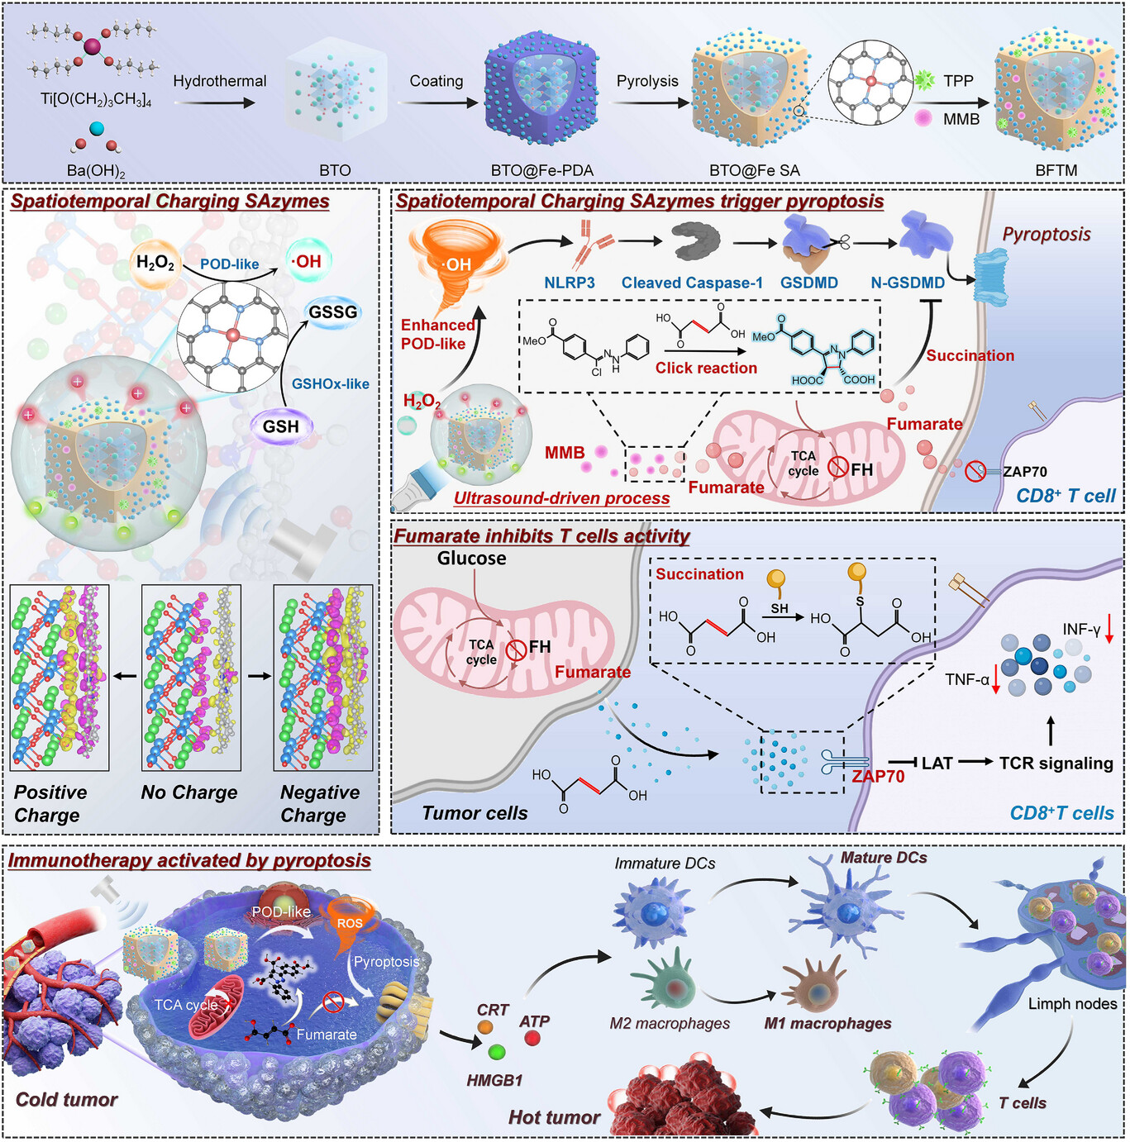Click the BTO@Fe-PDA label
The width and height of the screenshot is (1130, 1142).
tap(542, 171)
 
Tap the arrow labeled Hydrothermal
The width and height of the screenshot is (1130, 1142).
tap(215, 102)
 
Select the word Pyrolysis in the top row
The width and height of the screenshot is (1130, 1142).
tap(647, 81)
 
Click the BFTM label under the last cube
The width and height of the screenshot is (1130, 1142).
tap(1056, 171)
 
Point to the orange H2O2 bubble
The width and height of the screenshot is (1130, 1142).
tap(155, 262)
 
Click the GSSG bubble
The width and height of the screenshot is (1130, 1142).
tap(333, 312)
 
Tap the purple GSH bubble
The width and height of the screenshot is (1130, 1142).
tap(280, 426)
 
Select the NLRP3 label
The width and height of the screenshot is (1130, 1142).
tap(570, 283)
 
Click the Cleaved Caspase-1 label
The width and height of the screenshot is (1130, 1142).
tap(692, 283)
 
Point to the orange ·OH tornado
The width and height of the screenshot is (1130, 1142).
tap(456, 267)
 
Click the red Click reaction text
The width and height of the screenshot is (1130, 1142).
tap(706, 368)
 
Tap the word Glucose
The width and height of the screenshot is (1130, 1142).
tap(471, 558)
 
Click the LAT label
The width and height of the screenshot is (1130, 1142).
tap(937, 763)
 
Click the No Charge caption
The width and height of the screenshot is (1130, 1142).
tap(189, 792)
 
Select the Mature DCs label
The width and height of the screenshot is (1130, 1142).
tap(884, 858)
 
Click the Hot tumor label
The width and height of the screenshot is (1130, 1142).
tap(555, 1117)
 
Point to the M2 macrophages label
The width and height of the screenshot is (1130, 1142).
tap(670, 1024)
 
